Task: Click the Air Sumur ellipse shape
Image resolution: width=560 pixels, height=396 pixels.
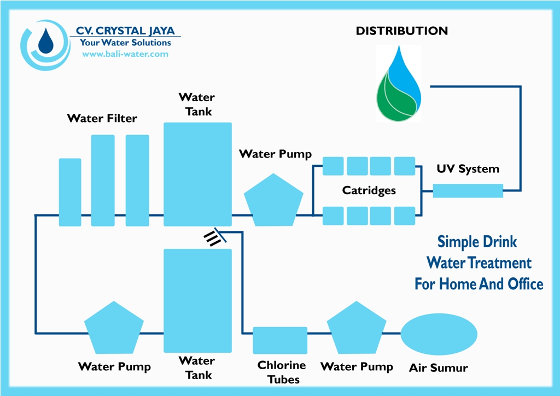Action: point(439,334)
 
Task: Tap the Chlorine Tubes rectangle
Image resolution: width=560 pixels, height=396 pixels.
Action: point(280,340)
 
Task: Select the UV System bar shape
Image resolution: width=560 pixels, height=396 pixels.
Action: point(468,191)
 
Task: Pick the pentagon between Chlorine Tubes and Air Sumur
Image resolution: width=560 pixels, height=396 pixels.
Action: point(357,329)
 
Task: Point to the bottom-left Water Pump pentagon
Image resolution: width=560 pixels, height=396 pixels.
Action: point(114,329)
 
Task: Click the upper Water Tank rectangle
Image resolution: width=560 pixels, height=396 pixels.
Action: point(197,174)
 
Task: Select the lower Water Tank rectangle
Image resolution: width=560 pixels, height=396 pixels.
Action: point(197,300)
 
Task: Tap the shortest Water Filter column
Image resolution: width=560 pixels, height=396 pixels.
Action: point(70,192)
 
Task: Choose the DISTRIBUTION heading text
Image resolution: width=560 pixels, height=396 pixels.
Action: point(402,31)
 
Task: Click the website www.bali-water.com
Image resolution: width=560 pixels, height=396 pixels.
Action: point(125,54)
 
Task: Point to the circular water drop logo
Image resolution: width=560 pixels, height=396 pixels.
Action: point(46,44)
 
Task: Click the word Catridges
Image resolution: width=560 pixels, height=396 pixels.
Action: point(369,191)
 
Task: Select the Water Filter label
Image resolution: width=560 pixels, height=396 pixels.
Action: point(102,118)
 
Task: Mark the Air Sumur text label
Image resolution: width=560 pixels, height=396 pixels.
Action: point(439,368)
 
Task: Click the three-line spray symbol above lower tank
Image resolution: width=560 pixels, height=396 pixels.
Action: point(212,238)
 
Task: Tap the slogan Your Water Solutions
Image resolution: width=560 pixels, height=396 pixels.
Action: point(125,43)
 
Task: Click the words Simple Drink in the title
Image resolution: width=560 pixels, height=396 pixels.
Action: point(477,242)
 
